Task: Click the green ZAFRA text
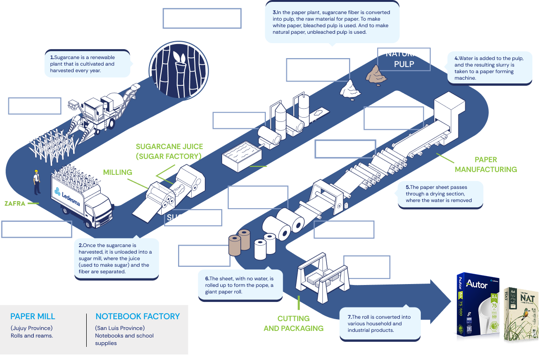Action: pos(15,204)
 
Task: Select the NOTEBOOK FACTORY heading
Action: pos(137,316)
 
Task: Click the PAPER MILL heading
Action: pos(33,316)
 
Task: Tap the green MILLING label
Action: pos(118,172)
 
